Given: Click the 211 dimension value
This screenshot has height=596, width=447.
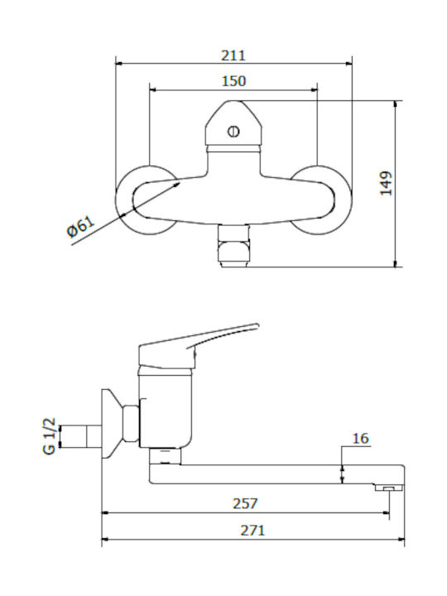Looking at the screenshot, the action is [233, 55].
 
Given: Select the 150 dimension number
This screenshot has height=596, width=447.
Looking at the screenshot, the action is [233, 81].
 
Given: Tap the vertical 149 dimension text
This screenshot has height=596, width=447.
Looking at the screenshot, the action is [387, 183].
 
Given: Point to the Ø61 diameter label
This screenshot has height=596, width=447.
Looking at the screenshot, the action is [80, 227].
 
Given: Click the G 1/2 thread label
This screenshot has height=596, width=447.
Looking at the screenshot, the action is [50, 436].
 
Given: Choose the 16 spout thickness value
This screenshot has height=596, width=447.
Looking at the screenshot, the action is [360, 438].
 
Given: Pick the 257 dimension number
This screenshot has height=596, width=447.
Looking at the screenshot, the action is [245, 503].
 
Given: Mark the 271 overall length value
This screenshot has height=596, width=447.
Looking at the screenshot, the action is [252, 530].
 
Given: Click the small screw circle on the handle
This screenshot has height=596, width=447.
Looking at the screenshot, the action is [233, 132].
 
